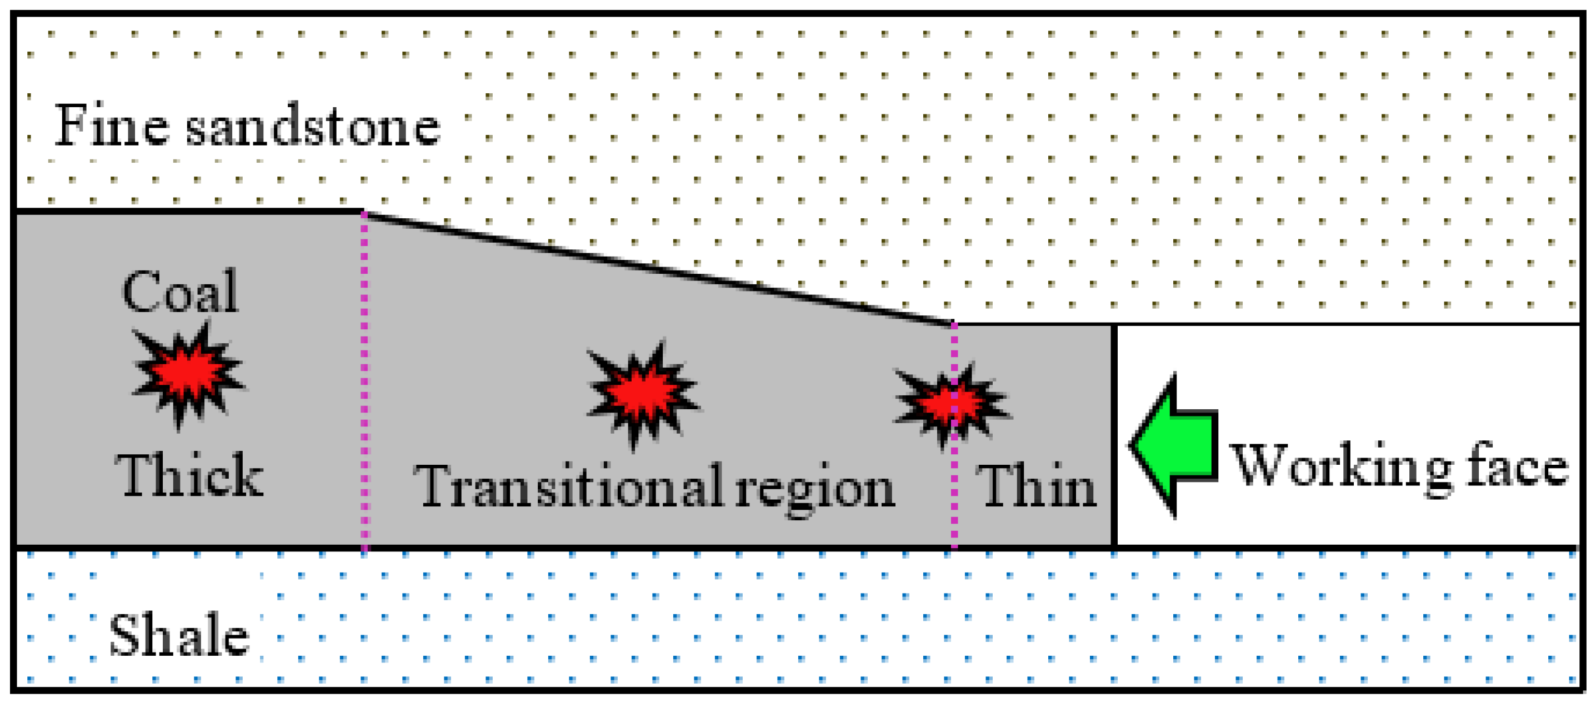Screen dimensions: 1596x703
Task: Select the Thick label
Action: pyautogui.click(x=189, y=475)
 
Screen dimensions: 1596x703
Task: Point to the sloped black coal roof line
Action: pyautogui.click(x=657, y=268)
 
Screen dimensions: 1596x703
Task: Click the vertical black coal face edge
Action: pyautogui.click(x=1114, y=434)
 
